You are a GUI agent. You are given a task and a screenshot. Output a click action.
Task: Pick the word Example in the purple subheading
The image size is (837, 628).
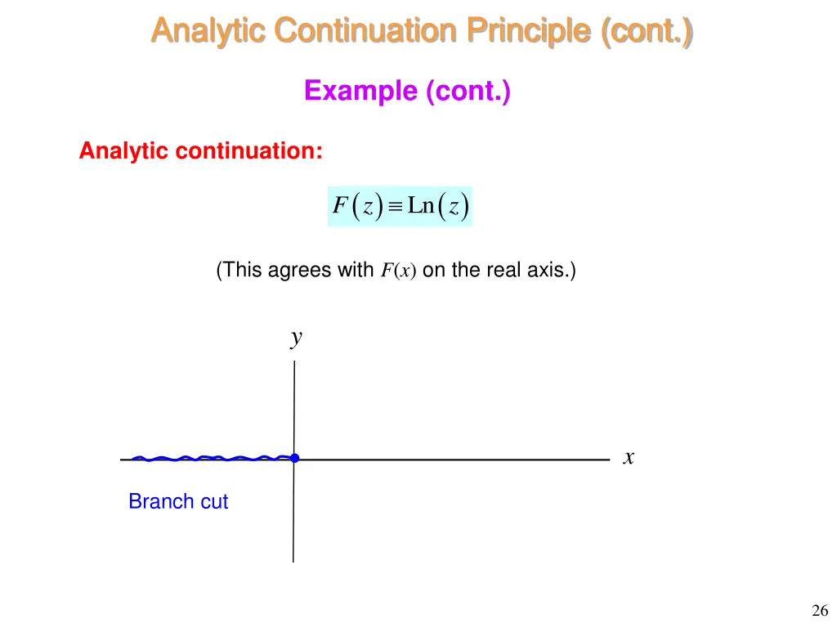[x=360, y=91]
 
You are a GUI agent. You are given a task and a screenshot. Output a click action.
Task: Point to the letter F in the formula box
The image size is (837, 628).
[x=340, y=207]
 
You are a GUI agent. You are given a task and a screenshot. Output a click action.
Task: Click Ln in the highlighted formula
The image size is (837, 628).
[x=421, y=206]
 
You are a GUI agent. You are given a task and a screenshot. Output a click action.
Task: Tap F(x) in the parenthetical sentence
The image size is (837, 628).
[x=398, y=271]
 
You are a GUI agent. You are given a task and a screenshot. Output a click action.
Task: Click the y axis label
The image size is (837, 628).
[x=297, y=338]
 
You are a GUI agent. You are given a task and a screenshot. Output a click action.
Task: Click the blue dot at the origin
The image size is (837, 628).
[x=294, y=458]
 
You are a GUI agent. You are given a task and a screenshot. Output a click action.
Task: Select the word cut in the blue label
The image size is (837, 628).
[x=214, y=502]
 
